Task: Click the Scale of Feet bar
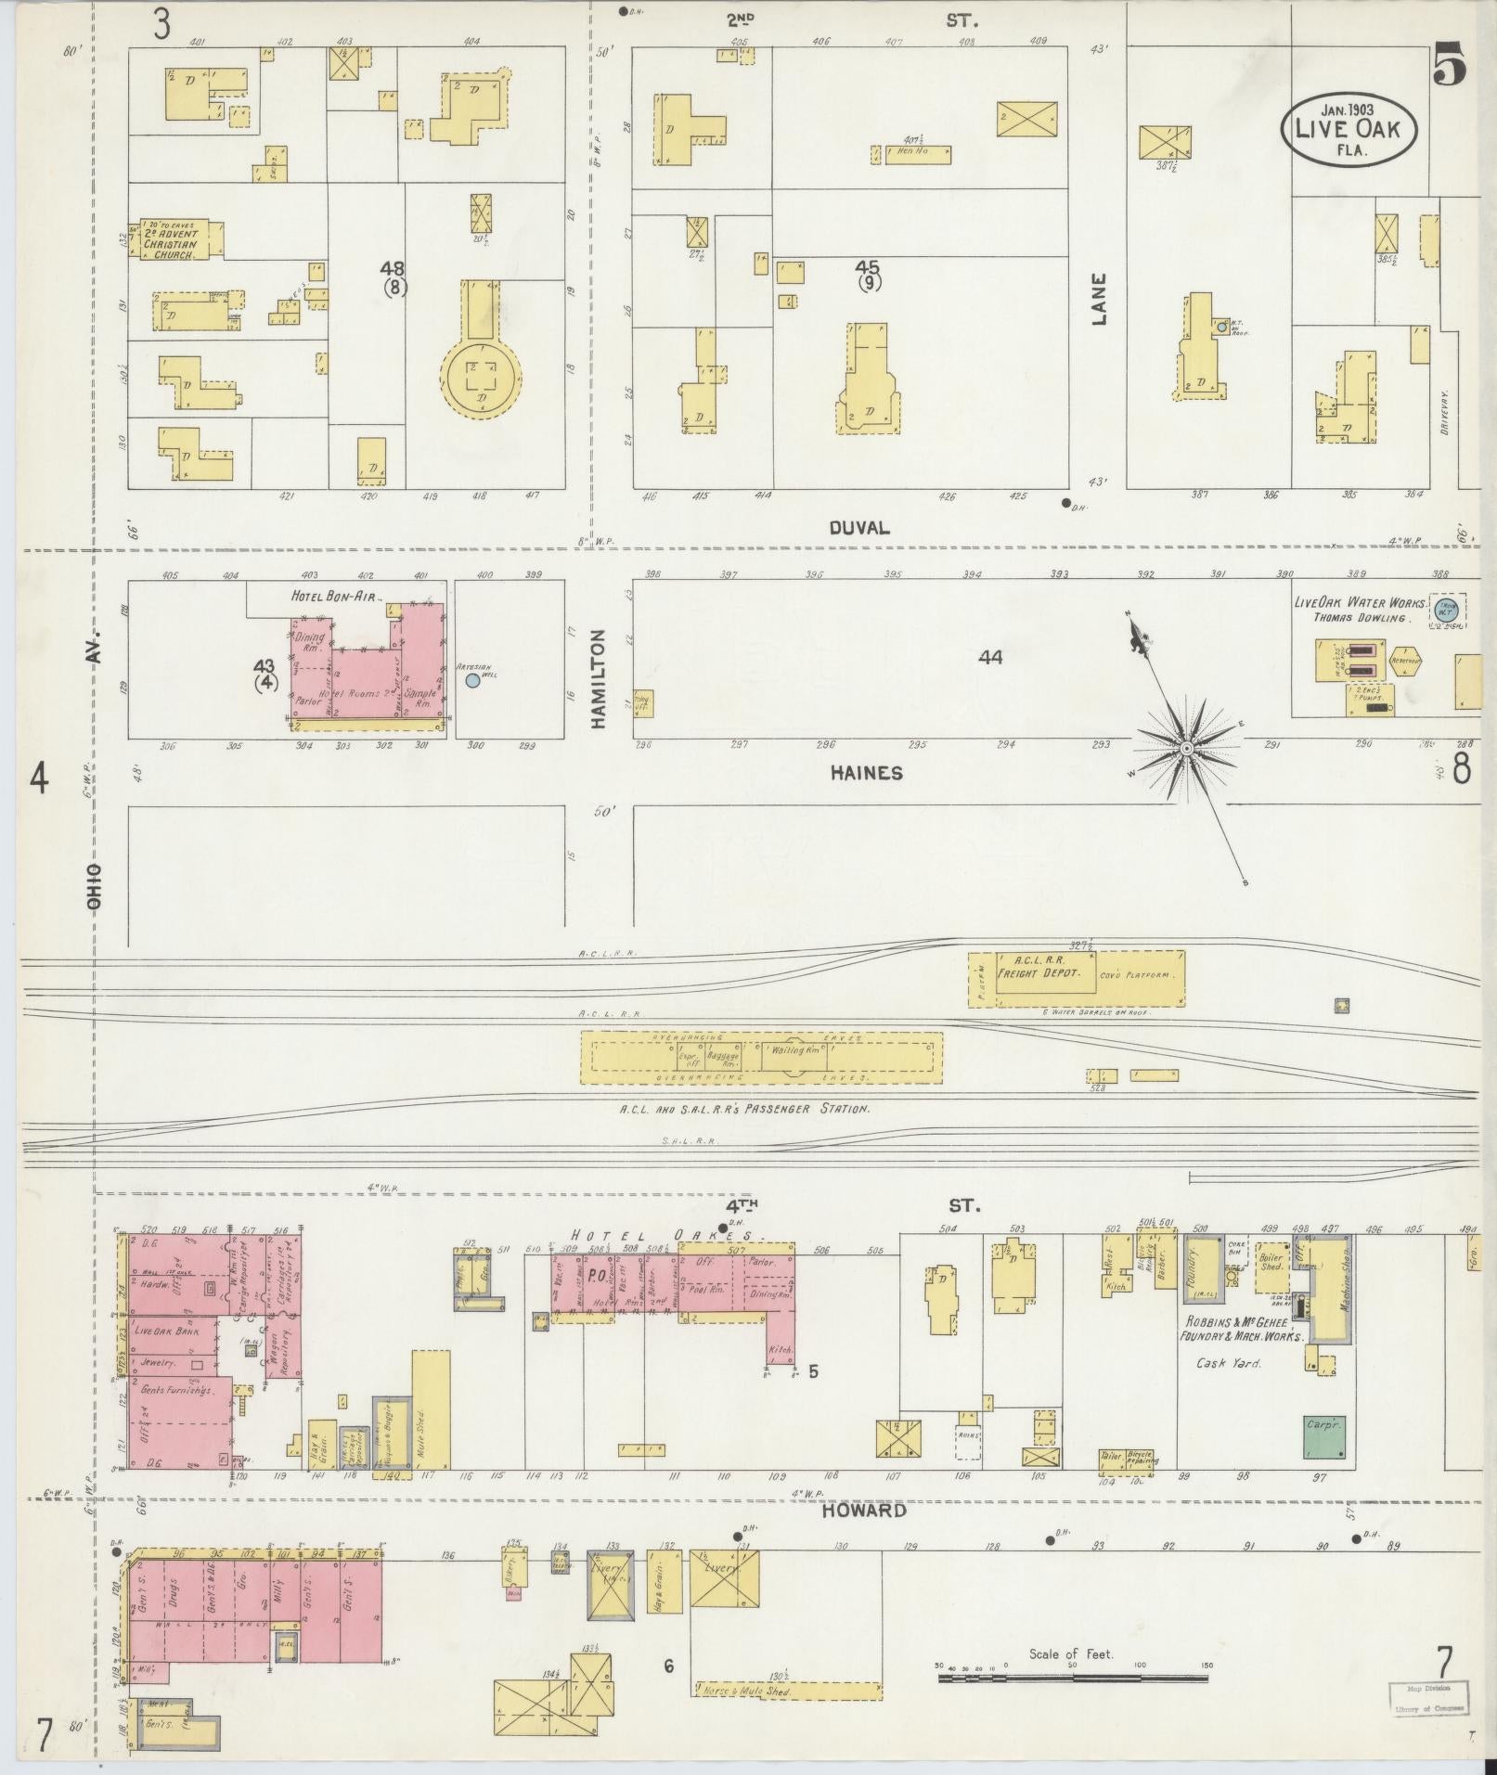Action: point(1071,1678)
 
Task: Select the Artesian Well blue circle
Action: point(473,680)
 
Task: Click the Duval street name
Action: point(858,528)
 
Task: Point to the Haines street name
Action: point(866,772)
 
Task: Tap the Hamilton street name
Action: point(598,678)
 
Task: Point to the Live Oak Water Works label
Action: point(1351,602)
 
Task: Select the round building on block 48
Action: point(481,376)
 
